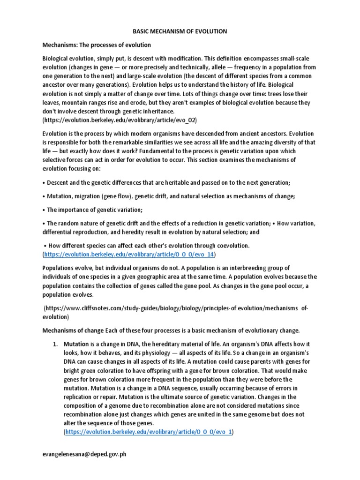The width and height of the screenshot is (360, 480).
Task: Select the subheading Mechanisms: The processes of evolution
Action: pyautogui.click(x=97, y=45)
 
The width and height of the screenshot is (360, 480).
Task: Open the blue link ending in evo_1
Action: pyautogui.click(x=149, y=432)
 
